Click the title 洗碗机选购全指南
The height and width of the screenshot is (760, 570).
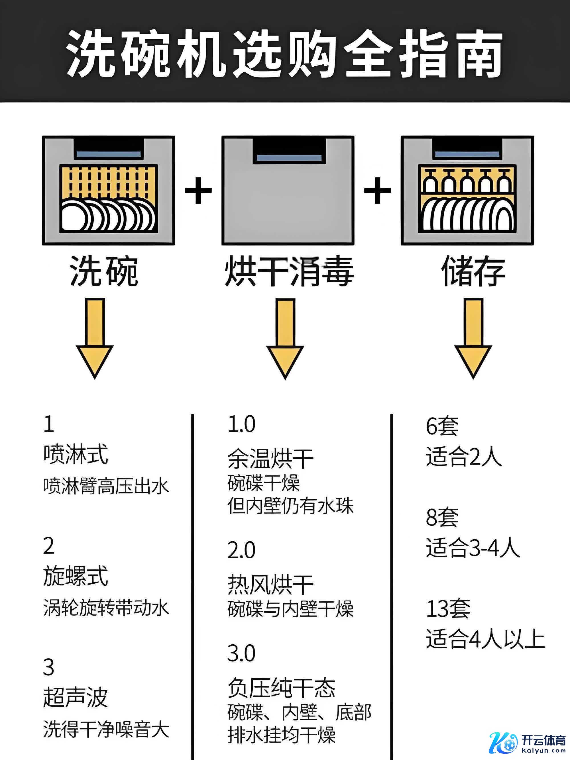[x=284, y=53]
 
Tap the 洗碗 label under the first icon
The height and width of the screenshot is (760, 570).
[x=104, y=271]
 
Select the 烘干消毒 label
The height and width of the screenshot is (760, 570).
[x=289, y=271]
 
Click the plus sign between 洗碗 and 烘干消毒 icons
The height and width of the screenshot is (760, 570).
[x=198, y=190]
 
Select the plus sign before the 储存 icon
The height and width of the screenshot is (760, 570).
[x=377, y=190]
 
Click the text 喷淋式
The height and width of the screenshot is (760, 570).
[x=76, y=455]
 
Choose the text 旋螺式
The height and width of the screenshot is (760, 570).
[x=76, y=576]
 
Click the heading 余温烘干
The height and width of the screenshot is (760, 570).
[x=270, y=459]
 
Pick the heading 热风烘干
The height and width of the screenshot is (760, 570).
[x=270, y=585]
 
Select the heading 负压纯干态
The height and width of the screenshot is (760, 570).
[x=281, y=688]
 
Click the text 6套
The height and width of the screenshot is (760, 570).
[x=442, y=426]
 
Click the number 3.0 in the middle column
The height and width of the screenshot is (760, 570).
[x=241, y=653]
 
